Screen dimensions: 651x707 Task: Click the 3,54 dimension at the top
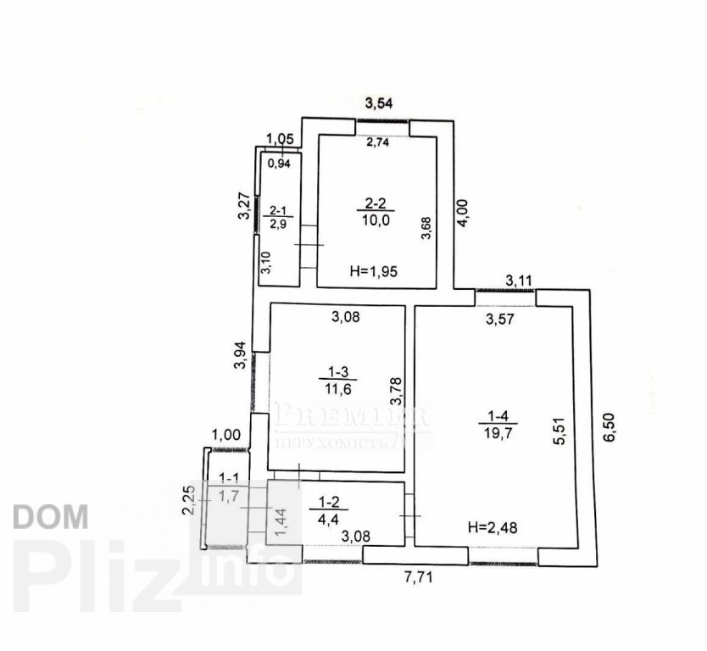(381, 104)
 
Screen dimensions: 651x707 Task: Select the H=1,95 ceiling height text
(374, 271)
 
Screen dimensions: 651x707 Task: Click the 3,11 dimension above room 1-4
(519, 280)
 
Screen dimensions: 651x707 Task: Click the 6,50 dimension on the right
(610, 428)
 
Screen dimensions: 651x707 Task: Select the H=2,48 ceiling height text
(492, 527)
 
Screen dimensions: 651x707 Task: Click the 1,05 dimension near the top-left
(280, 140)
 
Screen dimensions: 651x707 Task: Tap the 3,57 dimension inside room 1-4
(500, 320)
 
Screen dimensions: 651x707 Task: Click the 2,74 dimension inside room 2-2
(378, 143)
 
